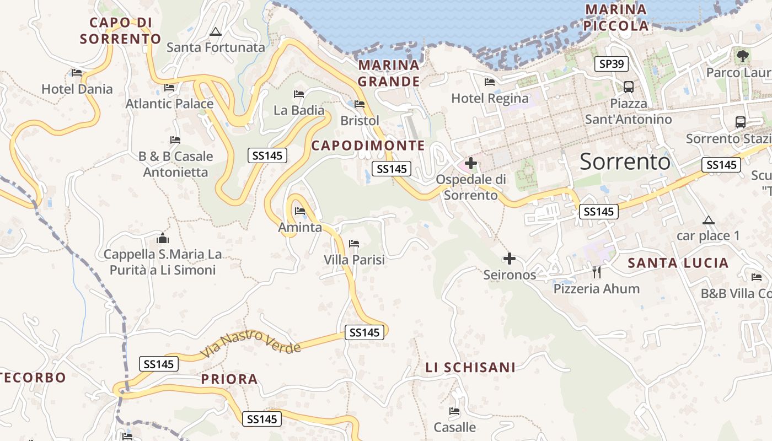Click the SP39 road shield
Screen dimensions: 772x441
point(612,64)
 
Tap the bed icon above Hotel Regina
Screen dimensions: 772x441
point(489,82)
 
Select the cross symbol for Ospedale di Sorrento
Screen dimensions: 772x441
point(471,163)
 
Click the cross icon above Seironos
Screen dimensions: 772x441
point(510,258)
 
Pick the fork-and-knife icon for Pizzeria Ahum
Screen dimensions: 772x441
point(596,272)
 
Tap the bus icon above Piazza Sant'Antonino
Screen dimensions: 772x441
point(628,87)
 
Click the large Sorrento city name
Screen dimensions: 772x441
point(625,162)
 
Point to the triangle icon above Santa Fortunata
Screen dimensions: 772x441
point(216,31)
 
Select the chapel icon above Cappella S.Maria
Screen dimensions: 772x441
point(163,238)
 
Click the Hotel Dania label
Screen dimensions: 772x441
point(77,89)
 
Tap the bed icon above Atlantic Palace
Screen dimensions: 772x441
point(169,87)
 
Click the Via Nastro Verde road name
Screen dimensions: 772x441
point(251,345)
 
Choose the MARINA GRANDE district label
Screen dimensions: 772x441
point(389,73)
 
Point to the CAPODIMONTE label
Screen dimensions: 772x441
point(368,146)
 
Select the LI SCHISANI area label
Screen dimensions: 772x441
point(470,367)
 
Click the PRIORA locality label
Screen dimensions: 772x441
point(229,379)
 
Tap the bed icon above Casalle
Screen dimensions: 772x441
point(454,411)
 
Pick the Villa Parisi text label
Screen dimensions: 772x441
point(354,260)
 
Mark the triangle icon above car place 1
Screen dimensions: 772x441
point(709,220)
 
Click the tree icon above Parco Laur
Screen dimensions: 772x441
point(743,55)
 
